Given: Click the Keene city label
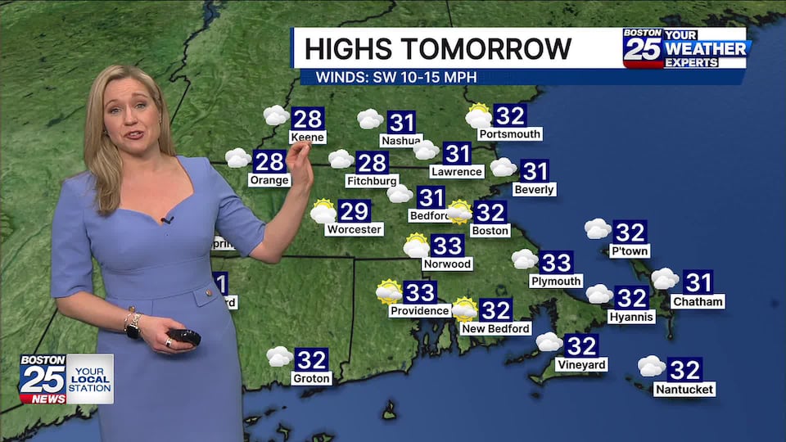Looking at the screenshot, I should coord(308,138).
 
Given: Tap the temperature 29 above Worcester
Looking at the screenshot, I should coord(355,212).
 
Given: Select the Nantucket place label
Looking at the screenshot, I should coord(684,390).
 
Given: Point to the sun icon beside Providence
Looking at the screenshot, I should coord(389,291).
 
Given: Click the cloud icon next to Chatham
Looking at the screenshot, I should coord(664,279).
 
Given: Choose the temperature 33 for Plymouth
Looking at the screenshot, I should coord(556,263).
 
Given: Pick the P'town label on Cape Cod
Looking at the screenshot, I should coord(630,251).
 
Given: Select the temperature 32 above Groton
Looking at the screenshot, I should coord(311,360).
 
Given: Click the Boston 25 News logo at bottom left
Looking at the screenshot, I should coord(43,378).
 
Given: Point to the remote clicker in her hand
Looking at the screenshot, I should coord(184,336).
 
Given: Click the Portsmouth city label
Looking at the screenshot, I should coord(510,134).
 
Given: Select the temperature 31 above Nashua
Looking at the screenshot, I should coord(402,123).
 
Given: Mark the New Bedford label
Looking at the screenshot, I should coord(496,329).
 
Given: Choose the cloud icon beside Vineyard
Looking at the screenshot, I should coord(549,341).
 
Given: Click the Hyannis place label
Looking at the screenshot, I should coord(631,317).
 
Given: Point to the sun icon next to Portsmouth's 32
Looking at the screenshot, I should coord(478,116).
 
